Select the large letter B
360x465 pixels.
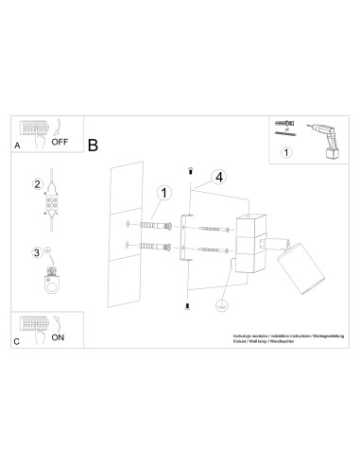93,146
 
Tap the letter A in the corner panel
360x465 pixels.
17,147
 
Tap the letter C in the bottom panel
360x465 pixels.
17,339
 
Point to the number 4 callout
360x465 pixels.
217,176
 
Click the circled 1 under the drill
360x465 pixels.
288,147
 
